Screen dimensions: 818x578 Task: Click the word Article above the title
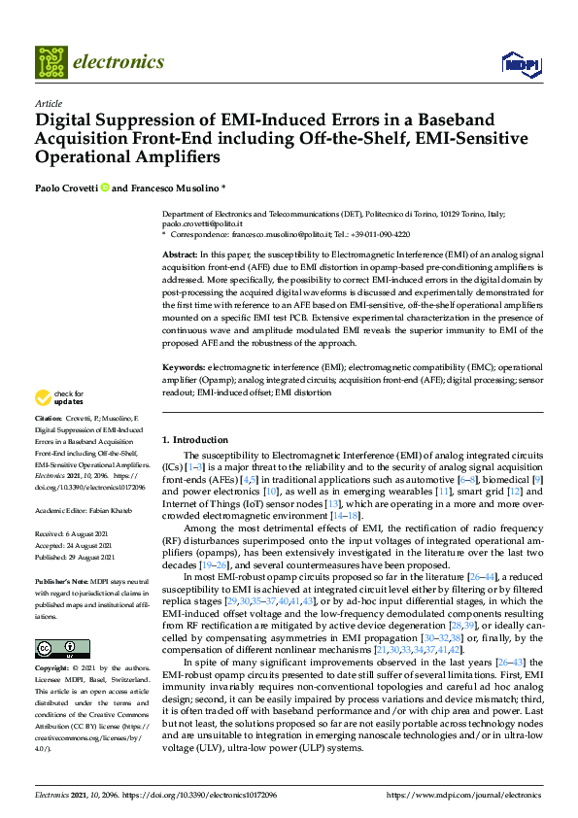(x=49, y=103)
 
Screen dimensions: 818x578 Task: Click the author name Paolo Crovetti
(x=68, y=187)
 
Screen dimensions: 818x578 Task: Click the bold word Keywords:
(x=184, y=369)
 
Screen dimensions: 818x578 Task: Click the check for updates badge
(x=59, y=396)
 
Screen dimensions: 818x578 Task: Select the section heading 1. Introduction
(x=194, y=440)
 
